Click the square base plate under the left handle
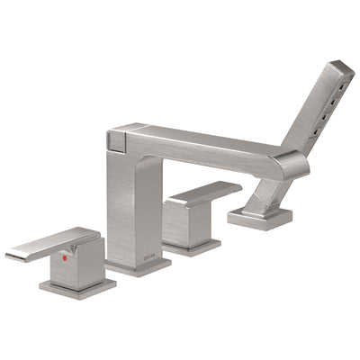point(77,287)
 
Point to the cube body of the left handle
point(81,261)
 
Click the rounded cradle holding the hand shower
point(291,165)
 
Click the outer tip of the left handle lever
point(11,255)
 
